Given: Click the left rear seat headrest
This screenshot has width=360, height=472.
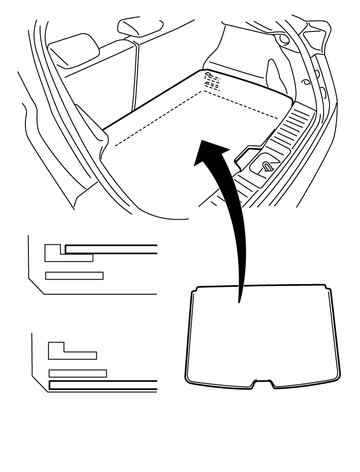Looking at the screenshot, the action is [x=75, y=45].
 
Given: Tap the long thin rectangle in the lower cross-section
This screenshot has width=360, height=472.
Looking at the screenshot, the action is [x=77, y=373].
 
